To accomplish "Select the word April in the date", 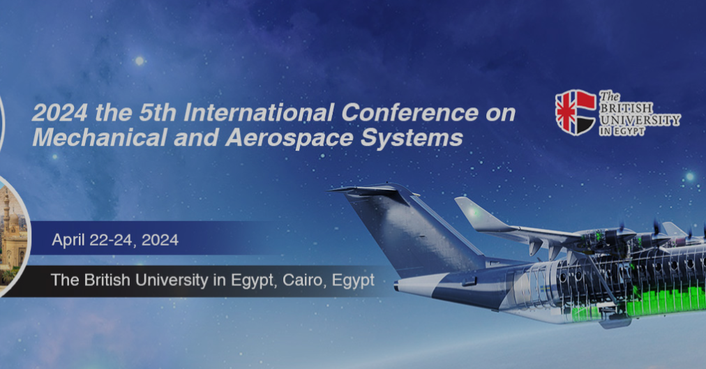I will point(68,241).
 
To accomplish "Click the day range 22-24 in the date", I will point(112,241).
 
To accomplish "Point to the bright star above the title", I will point(139,61).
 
